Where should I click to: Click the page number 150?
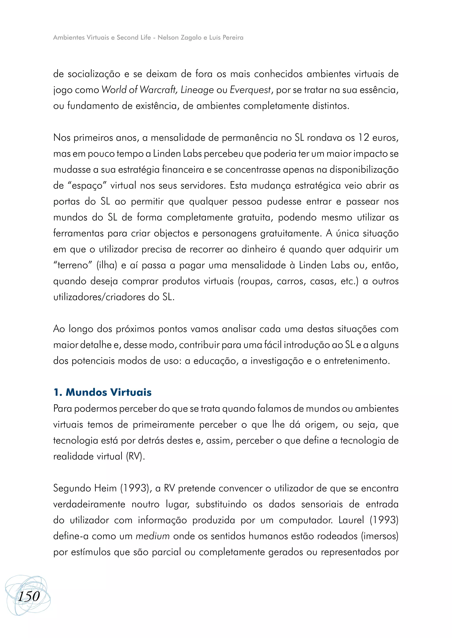[x=29, y=596]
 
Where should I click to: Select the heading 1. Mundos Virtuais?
[x=102, y=392]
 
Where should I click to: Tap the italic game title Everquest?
[x=250, y=90]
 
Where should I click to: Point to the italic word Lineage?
[x=197, y=90]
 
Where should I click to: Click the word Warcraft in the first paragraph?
[x=158, y=90]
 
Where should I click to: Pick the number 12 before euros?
[x=363, y=137]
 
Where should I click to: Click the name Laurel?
[x=351, y=520]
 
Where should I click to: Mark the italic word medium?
[x=153, y=536]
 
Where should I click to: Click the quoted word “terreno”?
[x=73, y=265]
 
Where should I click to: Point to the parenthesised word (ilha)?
[x=107, y=265]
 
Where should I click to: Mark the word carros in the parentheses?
[x=291, y=281]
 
